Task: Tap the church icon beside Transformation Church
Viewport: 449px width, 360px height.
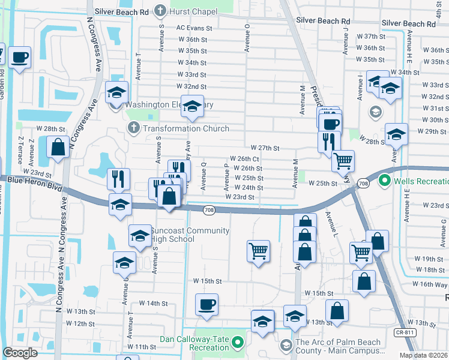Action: [134, 128]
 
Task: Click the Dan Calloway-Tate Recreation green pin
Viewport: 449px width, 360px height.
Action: [238, 344]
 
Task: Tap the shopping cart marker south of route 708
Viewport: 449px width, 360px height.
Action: [259, 250]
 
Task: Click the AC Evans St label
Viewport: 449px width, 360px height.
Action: [194, 28]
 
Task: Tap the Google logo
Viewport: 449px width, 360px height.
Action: [20, 353]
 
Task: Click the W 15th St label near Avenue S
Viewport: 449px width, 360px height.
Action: [208, 281]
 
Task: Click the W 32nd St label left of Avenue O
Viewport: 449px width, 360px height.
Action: [191, 86]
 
